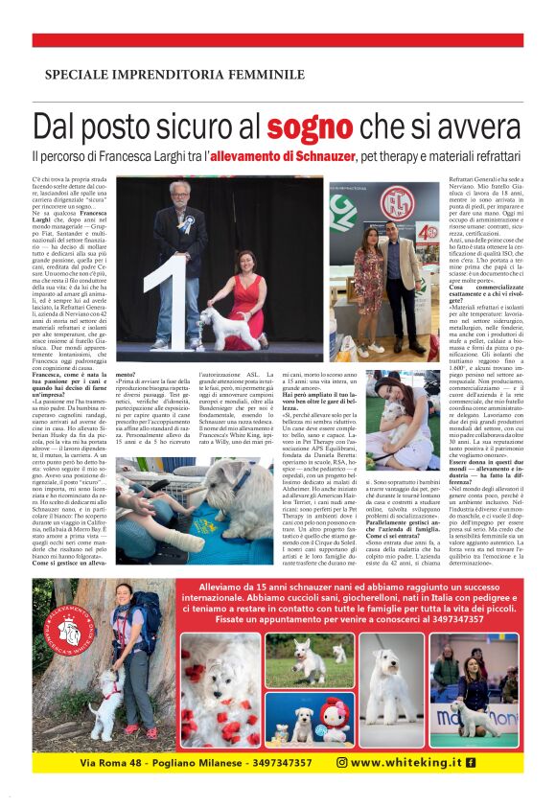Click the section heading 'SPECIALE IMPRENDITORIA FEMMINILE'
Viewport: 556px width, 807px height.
click(160, 74)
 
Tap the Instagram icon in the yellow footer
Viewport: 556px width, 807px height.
click(341, 762)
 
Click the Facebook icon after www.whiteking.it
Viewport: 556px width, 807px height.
click(471, 762)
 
